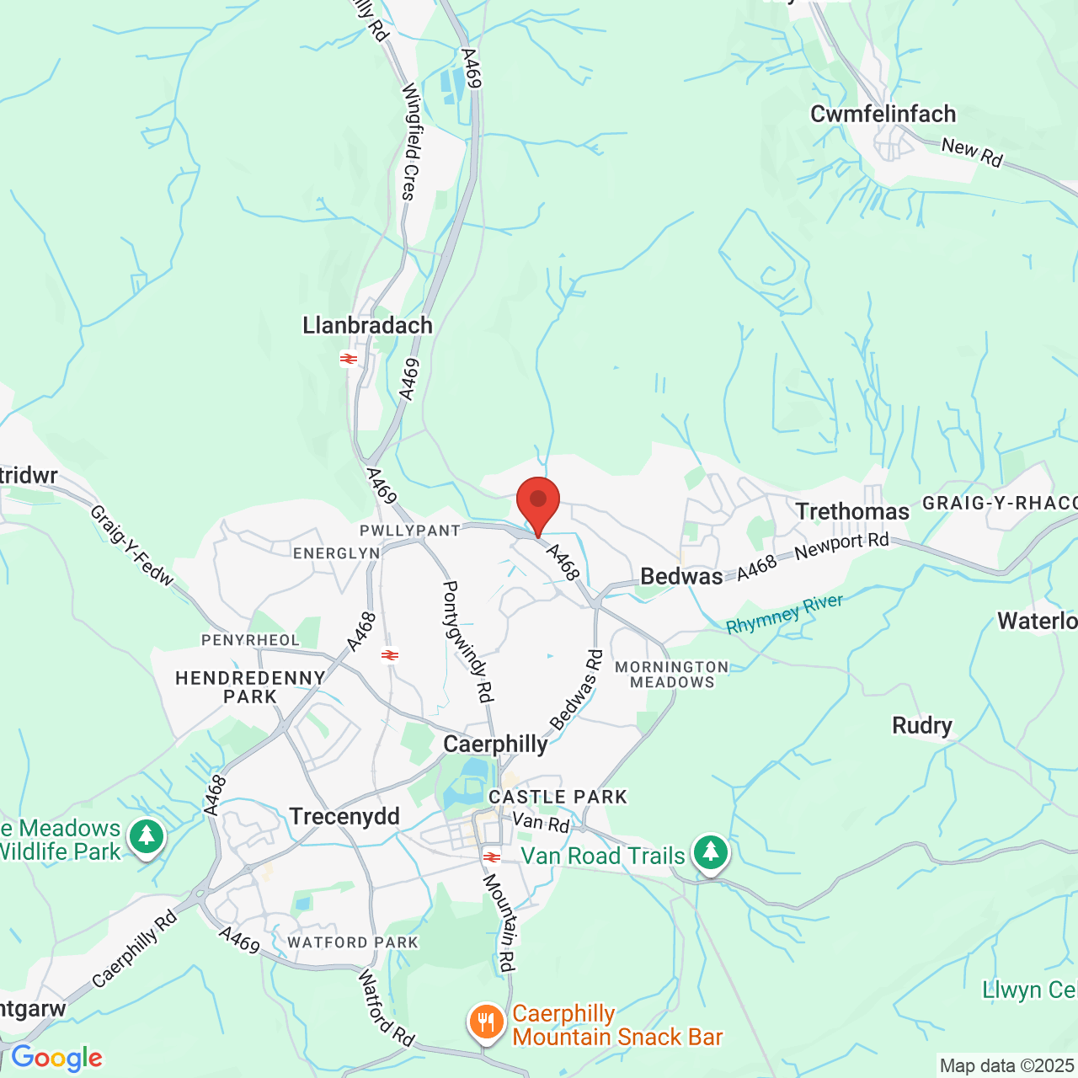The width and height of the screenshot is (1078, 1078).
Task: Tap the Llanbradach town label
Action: [x=367, y=325]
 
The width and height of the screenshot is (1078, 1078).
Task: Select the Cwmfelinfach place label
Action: [x=883, y=114]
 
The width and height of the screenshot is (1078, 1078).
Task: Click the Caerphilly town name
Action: [x=495, y=744]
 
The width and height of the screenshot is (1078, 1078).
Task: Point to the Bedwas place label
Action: [x=681, y=577]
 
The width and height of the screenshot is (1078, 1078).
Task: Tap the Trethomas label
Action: [x=852, y=512]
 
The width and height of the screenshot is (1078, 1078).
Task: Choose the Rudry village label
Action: [x=922, y=726]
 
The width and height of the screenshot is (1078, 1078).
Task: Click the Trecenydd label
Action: [x=344, y=817]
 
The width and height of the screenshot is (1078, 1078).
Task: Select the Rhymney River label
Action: [x=784, y=614]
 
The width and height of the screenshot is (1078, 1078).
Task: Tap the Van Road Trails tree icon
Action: [x=711, y=853]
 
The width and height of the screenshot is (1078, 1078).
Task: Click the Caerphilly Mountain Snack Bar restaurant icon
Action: [x=486, y=1022]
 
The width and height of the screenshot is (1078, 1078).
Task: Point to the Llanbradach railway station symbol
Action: [x=349, y=360]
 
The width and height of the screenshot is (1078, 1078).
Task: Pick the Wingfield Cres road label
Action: [x=410, y=141]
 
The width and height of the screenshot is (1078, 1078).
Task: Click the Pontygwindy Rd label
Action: [x=468, y=641]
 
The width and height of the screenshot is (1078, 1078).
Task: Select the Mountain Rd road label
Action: [x=499, y=922]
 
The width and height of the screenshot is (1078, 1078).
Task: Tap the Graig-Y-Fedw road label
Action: [x=131, y=546]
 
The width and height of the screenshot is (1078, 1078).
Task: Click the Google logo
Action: [x=56, y=1058]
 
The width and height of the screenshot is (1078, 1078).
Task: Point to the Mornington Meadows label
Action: [x=671, y=675]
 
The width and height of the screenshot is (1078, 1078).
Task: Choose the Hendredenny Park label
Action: [x=250, y=687]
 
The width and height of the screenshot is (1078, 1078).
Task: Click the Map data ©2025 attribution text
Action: [x=1007, y=1066]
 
